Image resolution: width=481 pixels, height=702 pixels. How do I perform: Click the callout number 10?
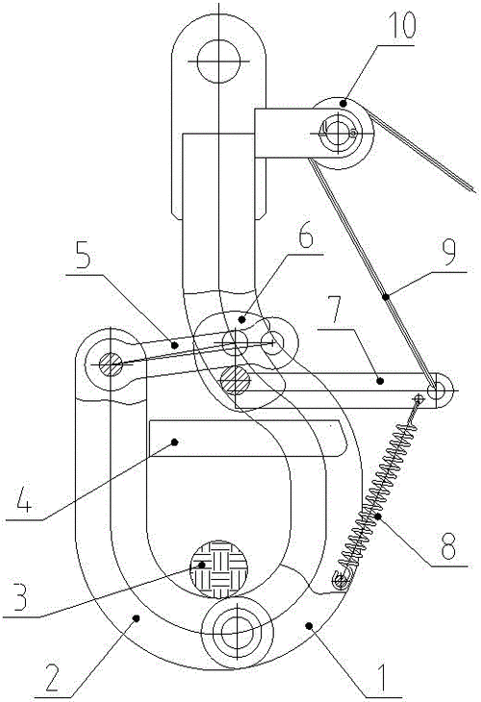(x=402, y=26)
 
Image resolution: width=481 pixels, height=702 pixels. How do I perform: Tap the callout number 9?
(x=448, y=254)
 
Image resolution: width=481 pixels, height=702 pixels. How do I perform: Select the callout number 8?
(x=449, y=547)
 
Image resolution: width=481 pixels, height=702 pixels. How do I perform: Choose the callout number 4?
(x=26, y=499)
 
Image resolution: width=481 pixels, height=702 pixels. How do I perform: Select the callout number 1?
(x=381, y=678)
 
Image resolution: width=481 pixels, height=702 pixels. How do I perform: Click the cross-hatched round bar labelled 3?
(x=219, y=568)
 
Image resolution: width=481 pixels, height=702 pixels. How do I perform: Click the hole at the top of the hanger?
(x=218, y=61)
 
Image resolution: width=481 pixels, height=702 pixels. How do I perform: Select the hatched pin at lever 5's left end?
(x=111, y=364)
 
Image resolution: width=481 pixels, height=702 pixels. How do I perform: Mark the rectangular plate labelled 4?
(x=248, y=439)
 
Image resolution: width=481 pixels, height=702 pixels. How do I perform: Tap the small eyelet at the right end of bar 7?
(x=436, y=390)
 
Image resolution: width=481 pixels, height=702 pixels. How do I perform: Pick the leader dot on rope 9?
(x=385, y=296)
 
